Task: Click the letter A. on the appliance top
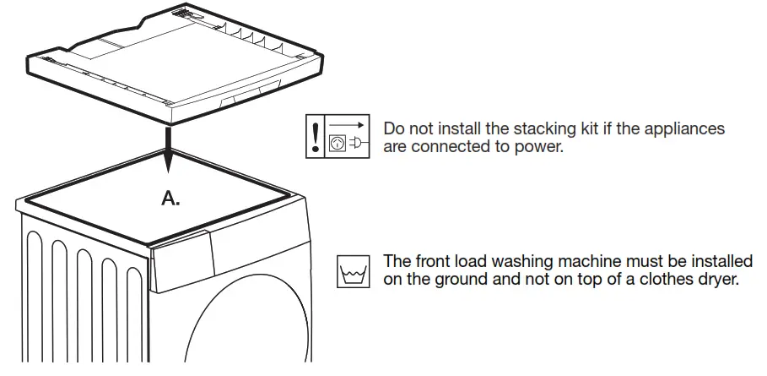pos(171,199)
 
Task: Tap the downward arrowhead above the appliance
pos(170,157)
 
